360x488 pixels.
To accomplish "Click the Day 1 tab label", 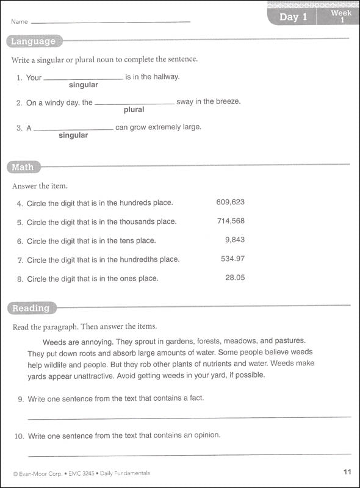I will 292,16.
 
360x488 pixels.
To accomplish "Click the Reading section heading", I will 31,308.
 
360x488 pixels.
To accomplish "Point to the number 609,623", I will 230,202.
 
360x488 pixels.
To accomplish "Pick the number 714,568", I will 231,221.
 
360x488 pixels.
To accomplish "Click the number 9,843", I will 235,240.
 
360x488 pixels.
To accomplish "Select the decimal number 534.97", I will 232,259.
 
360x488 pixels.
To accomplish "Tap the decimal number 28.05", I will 235,278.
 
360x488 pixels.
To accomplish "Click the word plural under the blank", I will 134,110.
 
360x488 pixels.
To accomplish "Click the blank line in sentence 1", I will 83,79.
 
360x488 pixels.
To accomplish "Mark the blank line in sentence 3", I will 73,129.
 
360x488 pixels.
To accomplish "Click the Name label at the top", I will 20,21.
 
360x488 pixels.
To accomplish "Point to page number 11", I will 347,472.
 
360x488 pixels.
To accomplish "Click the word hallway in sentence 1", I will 165,77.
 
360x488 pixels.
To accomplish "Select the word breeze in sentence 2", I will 227,101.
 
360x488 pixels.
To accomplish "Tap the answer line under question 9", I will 189,417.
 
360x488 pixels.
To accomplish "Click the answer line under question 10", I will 189,454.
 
